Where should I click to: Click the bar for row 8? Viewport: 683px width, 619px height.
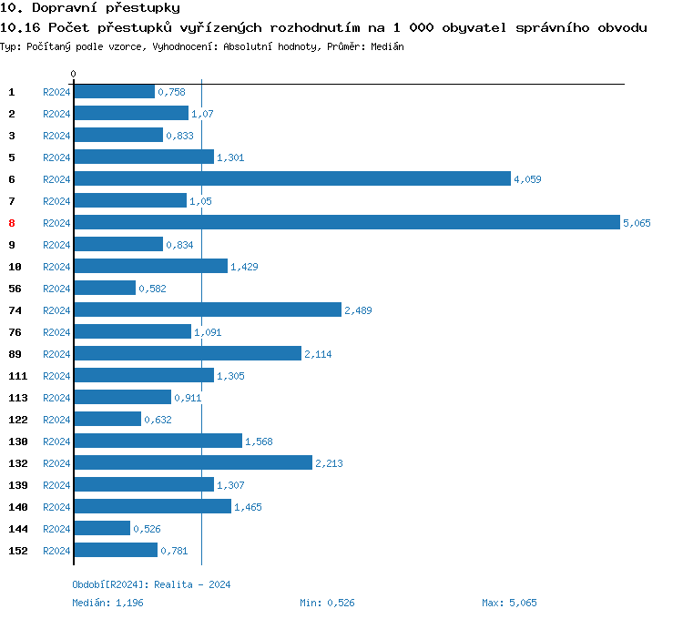(x=346, y=223)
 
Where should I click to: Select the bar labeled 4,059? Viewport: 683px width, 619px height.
(x=291, y=179)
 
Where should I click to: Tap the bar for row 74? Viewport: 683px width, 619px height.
(x=207, y=310)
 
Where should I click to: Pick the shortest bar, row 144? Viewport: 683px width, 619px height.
(x=101, y=529)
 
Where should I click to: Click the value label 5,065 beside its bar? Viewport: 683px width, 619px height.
(x=637, y=223)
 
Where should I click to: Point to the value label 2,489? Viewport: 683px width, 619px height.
(x=358, y=310)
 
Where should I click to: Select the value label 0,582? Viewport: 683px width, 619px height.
(x=152, y=289)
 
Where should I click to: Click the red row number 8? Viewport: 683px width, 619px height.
(x=12, y=223)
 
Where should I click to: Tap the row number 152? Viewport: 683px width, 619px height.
(x=17, y=551)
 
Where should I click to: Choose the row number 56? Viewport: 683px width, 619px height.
(x=15, y=289)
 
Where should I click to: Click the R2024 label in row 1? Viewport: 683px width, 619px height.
(x=56, y=92)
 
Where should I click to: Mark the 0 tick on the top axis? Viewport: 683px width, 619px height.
(x=74, y=74)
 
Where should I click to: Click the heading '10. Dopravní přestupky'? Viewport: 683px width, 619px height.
(x=89, y=8)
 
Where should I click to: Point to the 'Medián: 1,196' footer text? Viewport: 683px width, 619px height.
(x=107, y=603)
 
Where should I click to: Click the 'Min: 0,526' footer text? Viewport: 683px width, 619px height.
(x=328, y=603)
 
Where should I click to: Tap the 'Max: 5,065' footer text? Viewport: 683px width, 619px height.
(x=509, y=603)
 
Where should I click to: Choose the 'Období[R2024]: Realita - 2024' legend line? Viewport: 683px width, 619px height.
(x=151, y=584)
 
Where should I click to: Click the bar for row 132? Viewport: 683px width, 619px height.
(x=192, y=463)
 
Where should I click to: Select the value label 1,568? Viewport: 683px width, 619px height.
(x=259, y=441)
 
